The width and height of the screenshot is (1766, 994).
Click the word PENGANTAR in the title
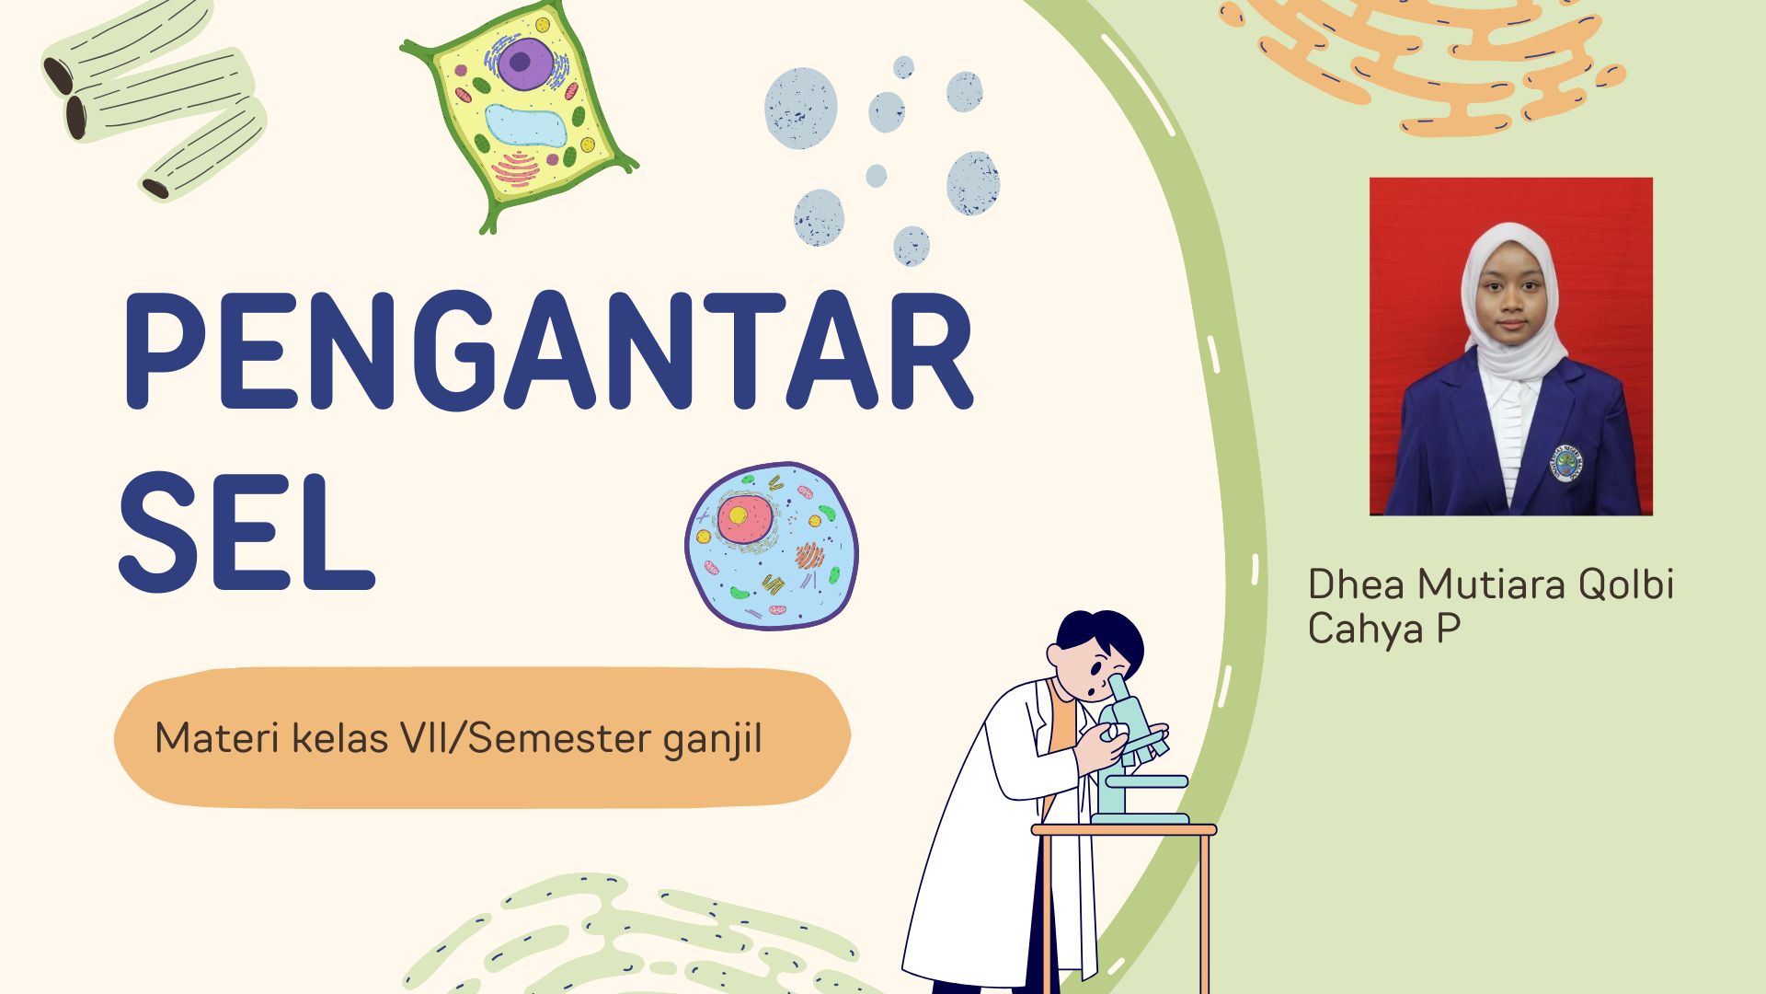[547, 352]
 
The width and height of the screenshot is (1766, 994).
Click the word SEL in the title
[247, 534]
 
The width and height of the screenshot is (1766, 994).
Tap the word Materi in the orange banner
[217, 738]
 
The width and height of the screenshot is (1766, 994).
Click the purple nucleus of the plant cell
[520, 62]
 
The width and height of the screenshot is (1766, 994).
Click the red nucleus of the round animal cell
[743, 519]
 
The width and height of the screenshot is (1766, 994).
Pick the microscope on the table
[1136, 755]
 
